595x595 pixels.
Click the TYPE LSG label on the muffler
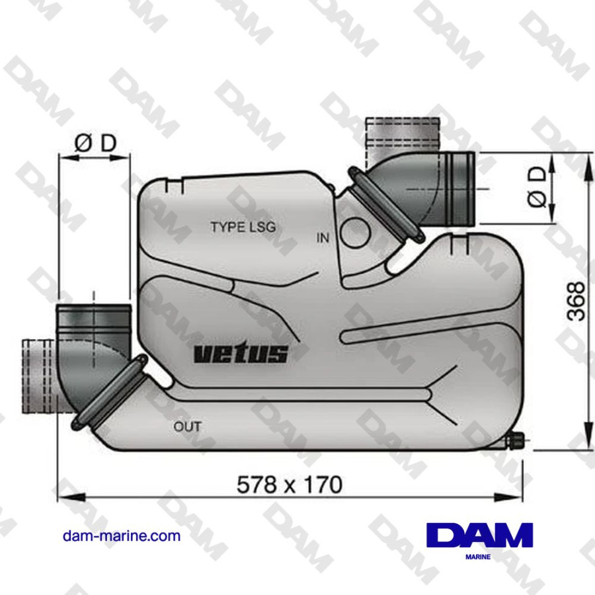[x=243, y=226]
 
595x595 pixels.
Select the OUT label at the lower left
[x=187, y=426]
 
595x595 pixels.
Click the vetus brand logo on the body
[x=241, y=354]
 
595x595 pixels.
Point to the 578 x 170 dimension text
[x=290, y=485]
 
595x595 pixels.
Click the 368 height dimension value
[x=576, y=301]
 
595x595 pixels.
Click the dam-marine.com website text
[x=122, y=535]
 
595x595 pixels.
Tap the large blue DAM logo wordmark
[x=479, y=535]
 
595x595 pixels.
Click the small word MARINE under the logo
[x=479, y=557]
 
